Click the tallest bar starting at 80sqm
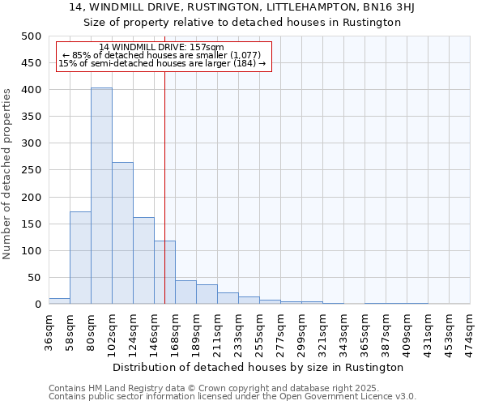pos(101,196)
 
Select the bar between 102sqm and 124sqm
pos(122,233)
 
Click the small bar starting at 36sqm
pos(59,301)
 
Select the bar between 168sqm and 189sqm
pos(185,292)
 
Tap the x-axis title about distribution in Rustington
pos(258,367)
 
